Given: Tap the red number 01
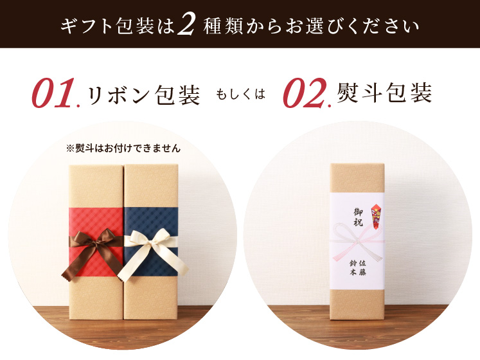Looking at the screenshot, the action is (54, 93).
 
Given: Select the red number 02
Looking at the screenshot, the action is (305, 93).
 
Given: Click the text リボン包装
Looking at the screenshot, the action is (143, 94).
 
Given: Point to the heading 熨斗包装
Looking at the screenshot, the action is (384, 93).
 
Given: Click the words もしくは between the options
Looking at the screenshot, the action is (240, 94).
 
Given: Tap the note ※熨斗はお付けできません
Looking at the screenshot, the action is (123, 148).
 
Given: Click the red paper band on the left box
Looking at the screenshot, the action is (96, 224).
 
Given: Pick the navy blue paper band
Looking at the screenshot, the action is (151, 224).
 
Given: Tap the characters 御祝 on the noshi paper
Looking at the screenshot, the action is (359, 217).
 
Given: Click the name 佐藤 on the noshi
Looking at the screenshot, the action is (362, 267).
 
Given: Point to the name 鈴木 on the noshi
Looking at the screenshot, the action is (353, 267).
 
